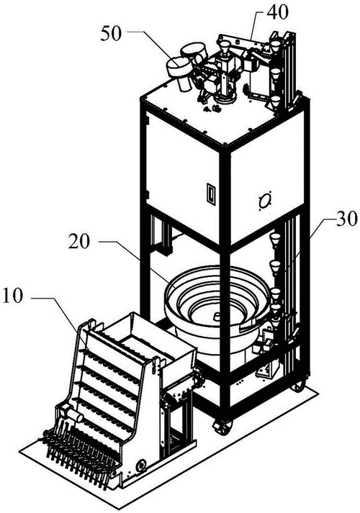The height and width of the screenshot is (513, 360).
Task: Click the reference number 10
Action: pos(13,296)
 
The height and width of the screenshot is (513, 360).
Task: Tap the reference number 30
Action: pos(346,218)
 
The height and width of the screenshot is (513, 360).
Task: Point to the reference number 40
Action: pos(277,12)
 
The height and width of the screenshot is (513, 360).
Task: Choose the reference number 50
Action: pos(111,35)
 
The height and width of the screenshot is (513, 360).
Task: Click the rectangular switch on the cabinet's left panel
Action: pos(211,194)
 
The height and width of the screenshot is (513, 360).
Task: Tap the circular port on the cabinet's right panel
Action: pos(264,200)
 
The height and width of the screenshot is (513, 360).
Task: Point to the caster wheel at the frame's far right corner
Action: pos(298,386)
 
